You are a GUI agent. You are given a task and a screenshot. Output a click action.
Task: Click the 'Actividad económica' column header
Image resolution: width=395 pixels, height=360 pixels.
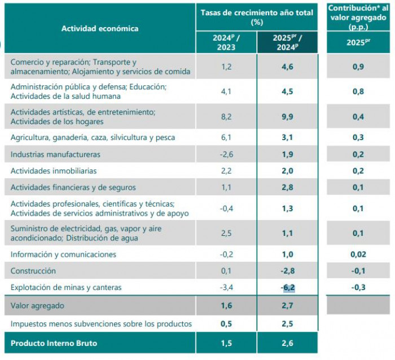[100, 28]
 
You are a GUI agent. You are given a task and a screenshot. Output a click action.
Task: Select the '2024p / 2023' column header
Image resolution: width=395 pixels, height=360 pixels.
[226, 42]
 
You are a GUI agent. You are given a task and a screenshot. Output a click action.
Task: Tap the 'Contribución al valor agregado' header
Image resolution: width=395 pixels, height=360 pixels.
[358, 16]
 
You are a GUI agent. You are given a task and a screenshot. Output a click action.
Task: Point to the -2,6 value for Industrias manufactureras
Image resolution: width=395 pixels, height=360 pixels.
[226, 154]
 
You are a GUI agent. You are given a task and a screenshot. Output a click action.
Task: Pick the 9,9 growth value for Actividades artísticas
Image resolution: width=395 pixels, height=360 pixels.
[287, 117]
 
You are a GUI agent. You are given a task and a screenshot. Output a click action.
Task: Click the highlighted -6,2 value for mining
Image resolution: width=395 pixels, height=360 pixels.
[287, 288]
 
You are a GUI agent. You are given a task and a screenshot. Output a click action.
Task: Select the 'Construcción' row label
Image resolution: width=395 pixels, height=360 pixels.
[33, 271]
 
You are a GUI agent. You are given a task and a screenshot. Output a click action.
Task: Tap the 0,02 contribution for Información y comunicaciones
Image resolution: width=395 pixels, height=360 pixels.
[358, 254]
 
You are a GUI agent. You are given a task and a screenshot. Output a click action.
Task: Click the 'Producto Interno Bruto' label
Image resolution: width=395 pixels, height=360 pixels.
[54, 343]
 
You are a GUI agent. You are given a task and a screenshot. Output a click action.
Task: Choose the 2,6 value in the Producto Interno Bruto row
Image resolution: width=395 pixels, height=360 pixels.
[287, 343]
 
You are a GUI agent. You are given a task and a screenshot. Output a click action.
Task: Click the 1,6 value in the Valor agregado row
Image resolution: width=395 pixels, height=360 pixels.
[226, 305]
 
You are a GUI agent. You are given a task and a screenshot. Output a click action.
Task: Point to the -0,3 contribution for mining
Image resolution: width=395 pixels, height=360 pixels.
[358, 288]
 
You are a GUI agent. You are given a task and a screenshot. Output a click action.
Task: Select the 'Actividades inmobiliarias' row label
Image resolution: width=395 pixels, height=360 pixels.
[54, 171]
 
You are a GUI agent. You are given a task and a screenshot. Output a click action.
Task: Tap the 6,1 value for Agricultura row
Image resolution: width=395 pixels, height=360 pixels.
[226, 137]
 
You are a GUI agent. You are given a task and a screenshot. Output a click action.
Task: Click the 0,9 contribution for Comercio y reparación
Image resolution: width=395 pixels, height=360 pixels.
[358, 67]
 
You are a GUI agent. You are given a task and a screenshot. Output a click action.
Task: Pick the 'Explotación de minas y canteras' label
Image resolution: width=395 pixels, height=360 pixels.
[66, 288]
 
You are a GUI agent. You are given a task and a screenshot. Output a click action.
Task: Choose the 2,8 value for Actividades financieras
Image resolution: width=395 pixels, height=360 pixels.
[287, 187]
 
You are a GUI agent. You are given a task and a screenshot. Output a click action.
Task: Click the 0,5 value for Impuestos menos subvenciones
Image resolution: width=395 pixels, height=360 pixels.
[226, 324]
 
